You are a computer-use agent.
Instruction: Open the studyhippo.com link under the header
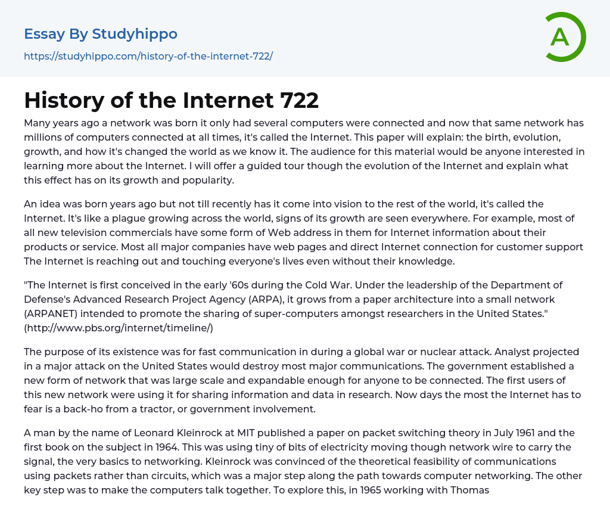[148, 56]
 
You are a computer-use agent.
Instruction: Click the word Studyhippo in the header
[135, 34]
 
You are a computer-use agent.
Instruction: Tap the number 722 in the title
[299, 101]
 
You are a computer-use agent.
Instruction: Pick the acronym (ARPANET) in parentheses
[54, 313]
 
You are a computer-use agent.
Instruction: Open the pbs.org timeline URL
[119, 328]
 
